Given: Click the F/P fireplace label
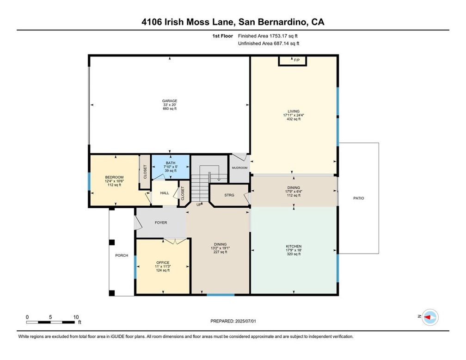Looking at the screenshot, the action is click(297, 60).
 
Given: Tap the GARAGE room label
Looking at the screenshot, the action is click(170, 101).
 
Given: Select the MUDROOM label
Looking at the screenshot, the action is click(239, 168).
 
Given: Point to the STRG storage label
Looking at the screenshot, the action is click(229, 195).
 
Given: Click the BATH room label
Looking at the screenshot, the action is click(171, 163).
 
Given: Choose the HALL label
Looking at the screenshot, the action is click(165, 193).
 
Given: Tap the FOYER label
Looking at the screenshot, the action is click(161, 223).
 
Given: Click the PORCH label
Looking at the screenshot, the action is click(122, 255).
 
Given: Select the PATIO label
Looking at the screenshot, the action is click(359, 198).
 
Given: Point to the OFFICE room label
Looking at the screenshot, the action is click(163, 263).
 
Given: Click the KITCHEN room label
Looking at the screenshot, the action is click(294, 246).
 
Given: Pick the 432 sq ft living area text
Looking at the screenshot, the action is click(294, 119).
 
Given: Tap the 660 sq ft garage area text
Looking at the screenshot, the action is click(170, 109).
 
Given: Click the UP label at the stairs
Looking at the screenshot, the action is click(199, 205).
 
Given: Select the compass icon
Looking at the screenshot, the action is click(430, 317).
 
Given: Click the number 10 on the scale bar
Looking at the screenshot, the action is click(76, 317).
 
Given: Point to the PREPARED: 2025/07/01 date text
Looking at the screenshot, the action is click(233, 321).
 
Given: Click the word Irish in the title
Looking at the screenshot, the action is click(174, 22).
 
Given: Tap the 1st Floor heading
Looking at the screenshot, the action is click(223, 36).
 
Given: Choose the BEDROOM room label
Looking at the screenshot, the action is click(114, 177).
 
